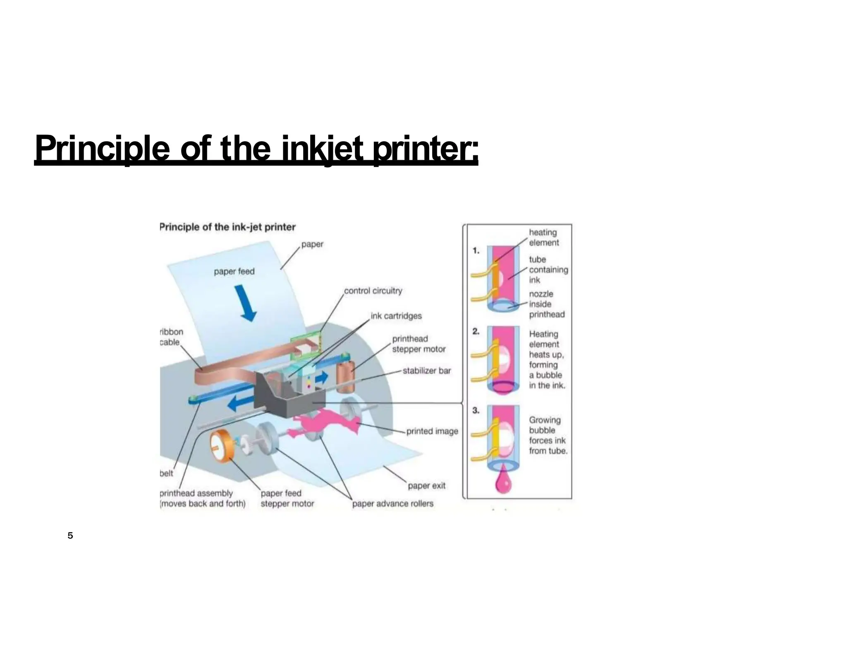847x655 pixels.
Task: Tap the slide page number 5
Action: (70, 536)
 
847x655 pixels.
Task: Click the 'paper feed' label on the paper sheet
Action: (234, 272)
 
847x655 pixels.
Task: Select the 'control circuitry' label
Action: (373, 291)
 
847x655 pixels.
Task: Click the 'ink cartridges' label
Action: (396, 316)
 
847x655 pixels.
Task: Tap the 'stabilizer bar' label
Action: (426, 371)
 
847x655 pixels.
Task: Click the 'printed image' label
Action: (432, 431)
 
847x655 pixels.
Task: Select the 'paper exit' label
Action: (426, 486)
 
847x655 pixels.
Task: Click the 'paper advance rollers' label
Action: (392, 504)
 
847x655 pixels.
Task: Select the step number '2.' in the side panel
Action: (476, 331)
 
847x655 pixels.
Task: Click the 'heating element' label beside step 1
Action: (543, 238)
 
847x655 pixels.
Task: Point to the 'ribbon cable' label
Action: (171, 337)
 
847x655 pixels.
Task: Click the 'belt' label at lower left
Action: (166, 473)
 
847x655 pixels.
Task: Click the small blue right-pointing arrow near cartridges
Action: (322, 377)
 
